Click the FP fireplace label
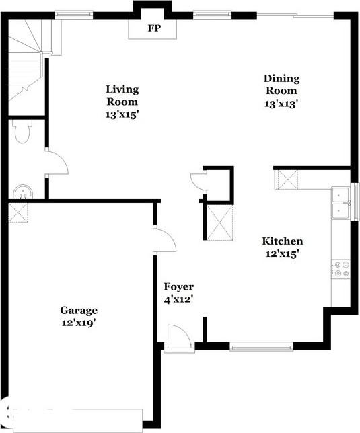point(154,28)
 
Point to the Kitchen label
point(282,241)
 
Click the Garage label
point(79,310)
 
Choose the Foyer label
point(178,287)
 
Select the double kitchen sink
point(342,202)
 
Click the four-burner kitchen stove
point(341,269)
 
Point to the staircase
point(27,57)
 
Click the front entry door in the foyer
point(178,337)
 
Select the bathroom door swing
point(56,163)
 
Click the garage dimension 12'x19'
point(78,322)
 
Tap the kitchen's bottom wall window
point(262,347)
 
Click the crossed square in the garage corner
point(17,213)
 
